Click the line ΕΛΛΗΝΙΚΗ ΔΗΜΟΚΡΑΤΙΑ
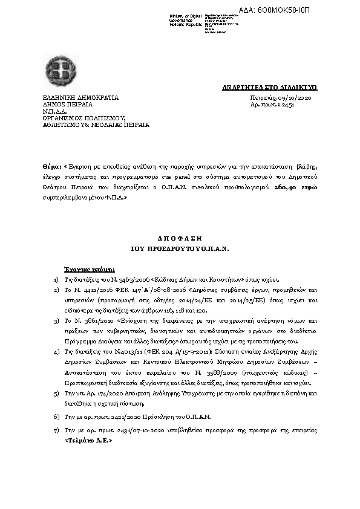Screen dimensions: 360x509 80,97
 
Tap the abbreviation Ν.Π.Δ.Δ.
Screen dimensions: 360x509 53,111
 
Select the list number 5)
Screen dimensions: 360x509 56,393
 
